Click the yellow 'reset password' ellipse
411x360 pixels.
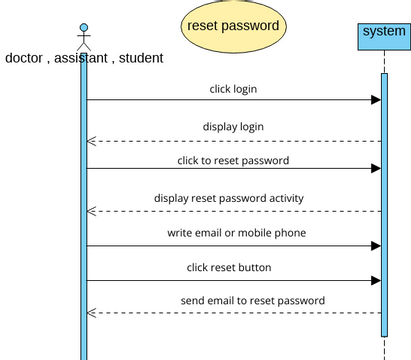[x=233, y=26]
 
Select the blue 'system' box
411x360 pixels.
[x=384, y=34]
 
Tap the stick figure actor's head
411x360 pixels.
[x=84, y=28]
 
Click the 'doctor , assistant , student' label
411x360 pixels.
[x=84, y=58]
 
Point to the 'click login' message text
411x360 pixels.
[x=233, y=89]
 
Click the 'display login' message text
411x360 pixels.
[x=233, y=127]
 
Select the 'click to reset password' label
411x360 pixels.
[x=233, y=160]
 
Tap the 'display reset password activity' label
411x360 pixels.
[x=229, y=198]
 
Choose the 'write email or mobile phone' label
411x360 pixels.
[x=236, y=233]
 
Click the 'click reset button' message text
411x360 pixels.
[x=229, y=267]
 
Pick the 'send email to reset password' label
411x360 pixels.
[x=252, y=300]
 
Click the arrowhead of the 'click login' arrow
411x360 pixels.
[x=376, y=100]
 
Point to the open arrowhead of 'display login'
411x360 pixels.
[x=92, y=141]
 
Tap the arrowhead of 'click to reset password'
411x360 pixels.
[x=376, y=168]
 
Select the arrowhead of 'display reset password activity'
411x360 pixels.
[x=92, y=211]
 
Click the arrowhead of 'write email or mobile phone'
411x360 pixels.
[x=376, y=245]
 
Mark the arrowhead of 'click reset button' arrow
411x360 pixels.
[x=376, y=280]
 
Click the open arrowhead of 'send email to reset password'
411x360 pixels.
[x=92, y=313]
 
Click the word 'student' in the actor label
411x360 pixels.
[x=140, y=58]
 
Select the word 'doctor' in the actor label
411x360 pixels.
[x=26, y=58]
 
